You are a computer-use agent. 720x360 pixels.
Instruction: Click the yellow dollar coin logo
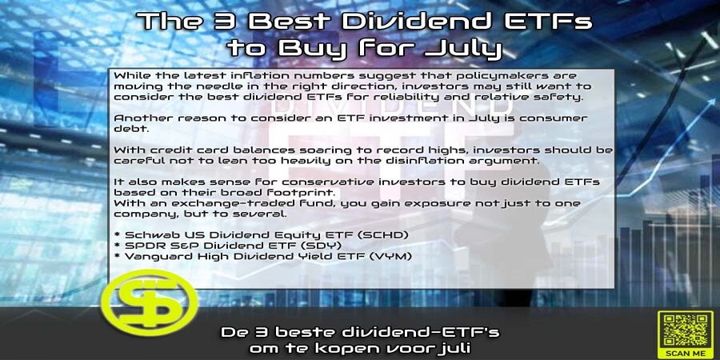[150, 303]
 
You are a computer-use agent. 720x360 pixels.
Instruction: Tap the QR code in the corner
[685, 330]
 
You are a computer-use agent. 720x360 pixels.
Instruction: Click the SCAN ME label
[685, 353]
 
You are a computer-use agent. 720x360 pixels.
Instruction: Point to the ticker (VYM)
[390, 256]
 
